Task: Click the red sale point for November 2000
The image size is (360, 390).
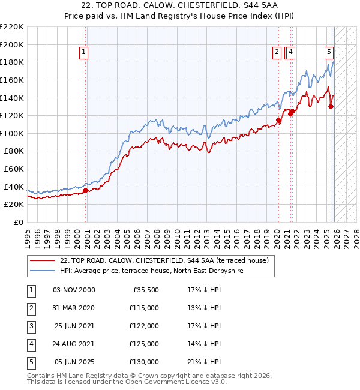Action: click(x=85, y=191)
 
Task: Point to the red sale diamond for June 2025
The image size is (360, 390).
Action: click(x=331, y=107)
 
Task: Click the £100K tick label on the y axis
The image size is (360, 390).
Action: click(x=12, y=133)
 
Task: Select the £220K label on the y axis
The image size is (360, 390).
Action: click(x=12, y=27)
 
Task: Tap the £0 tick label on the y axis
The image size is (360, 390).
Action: click(x=17, y=222)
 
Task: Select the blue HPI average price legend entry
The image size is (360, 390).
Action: click(x=150, y=271)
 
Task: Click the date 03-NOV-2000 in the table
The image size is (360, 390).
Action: click(x=74, y=290)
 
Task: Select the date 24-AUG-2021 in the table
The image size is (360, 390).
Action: click(x=74, y=344)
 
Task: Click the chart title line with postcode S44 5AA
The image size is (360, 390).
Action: click(x=179, y=5)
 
